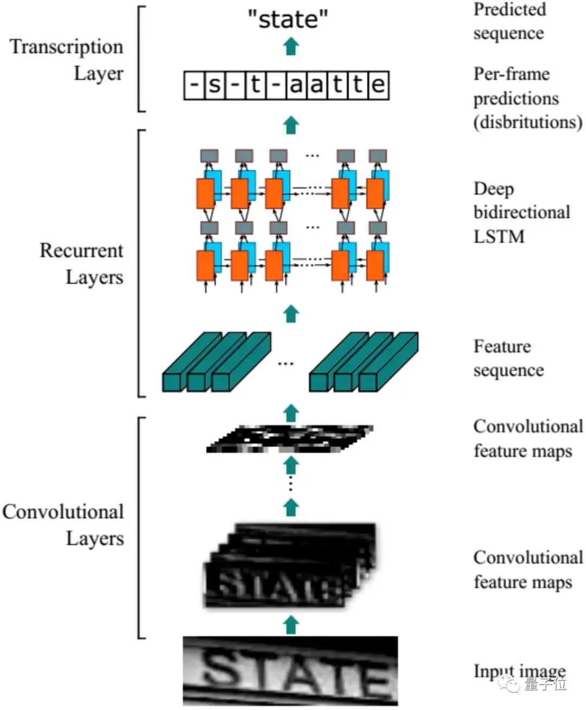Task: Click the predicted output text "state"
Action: (288, 19)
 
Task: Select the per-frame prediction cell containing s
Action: (214, 85)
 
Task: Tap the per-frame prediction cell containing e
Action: (378, 85)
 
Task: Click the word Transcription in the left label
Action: (66, 47)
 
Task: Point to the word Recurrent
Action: (81, 251)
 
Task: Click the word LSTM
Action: (499, 236)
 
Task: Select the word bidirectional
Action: (522, 212)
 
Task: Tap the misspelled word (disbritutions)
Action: (528, 122)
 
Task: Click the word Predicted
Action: (510, 9)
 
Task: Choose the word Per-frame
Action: (512, 74)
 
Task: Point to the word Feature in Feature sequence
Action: (502, 346)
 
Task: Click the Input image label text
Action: (520, 671)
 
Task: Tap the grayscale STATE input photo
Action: (290, 670)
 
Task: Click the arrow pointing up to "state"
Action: (291, 46)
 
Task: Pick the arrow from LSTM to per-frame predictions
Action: (291, 125)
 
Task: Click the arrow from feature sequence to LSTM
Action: (291, 314)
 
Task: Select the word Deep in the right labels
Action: (494, 189)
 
